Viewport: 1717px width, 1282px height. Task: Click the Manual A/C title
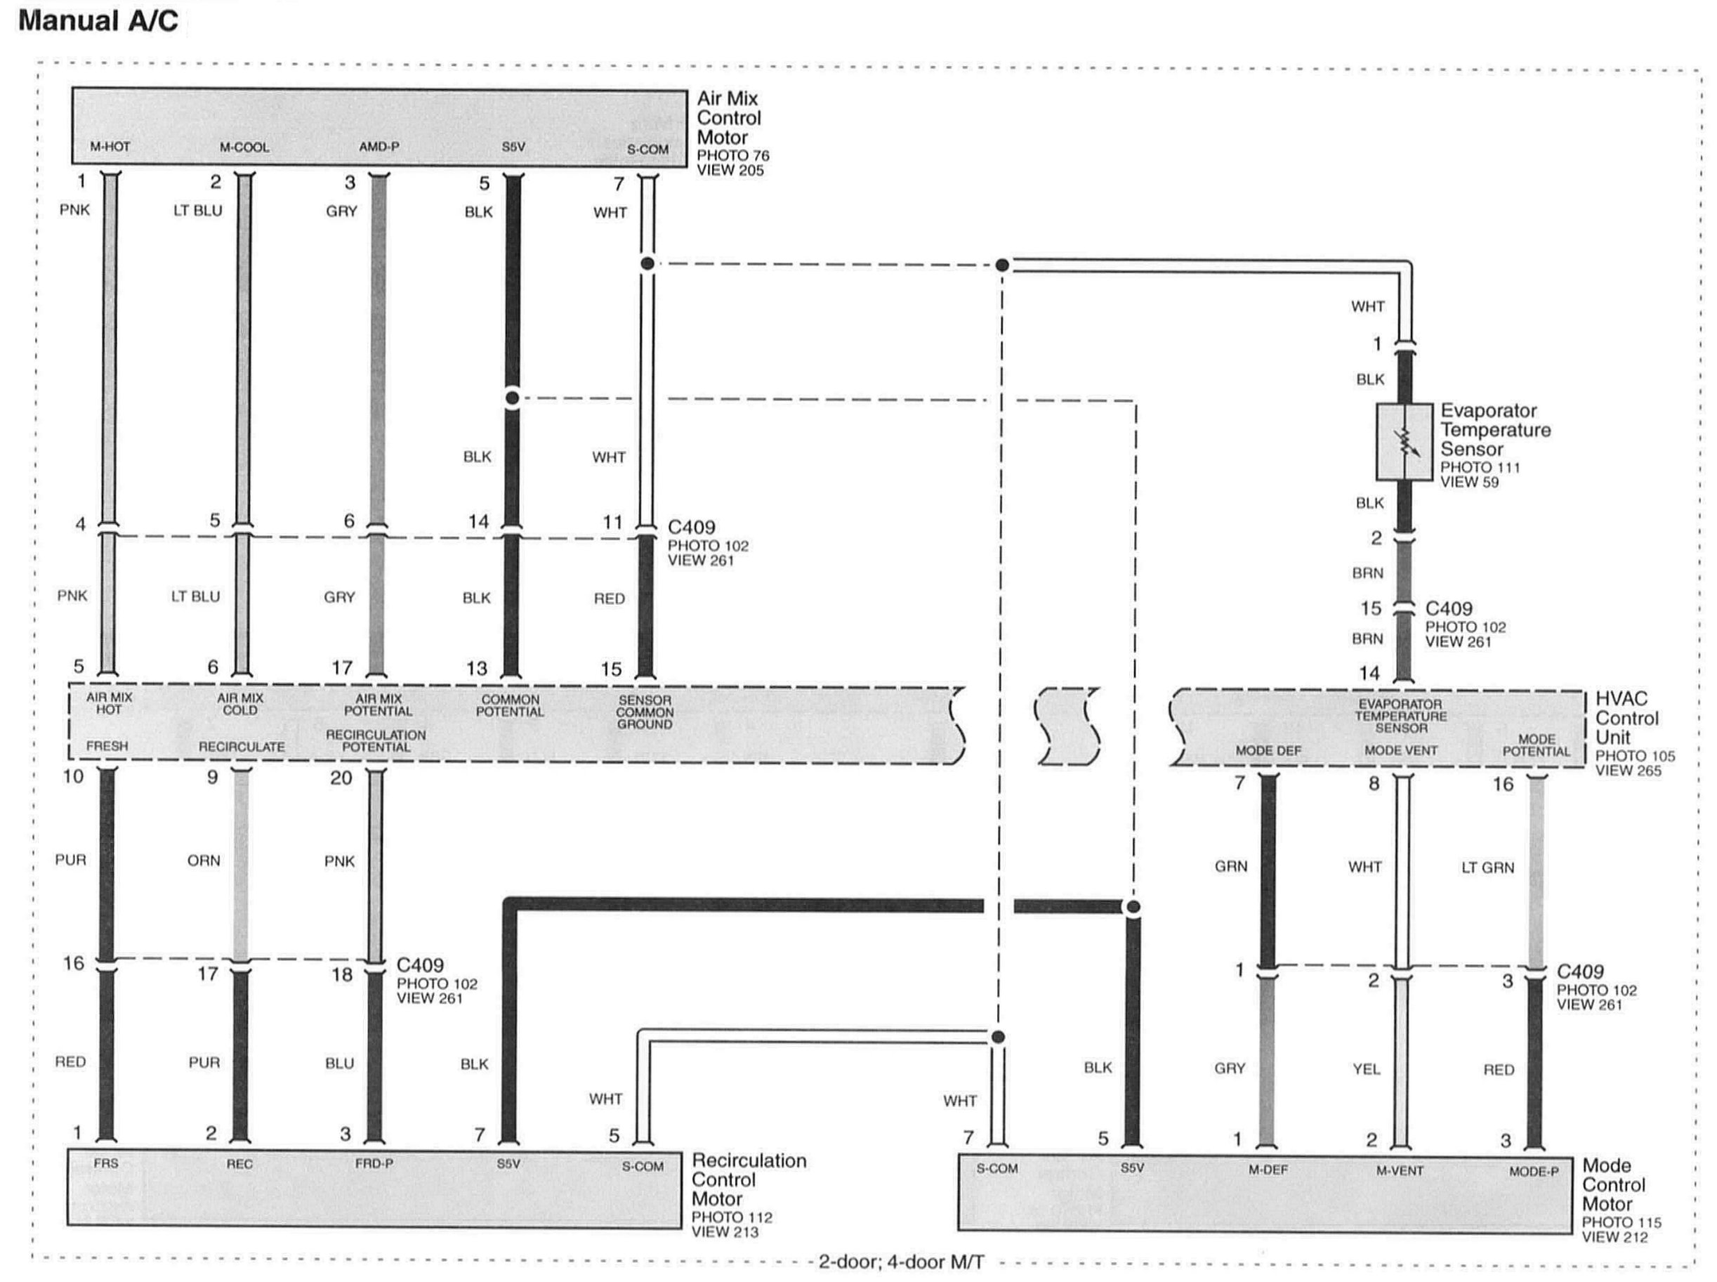click(x=98, y=21)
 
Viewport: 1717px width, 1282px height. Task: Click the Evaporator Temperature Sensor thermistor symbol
click(x=1404, y=442)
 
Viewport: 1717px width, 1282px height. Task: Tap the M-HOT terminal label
click(x=110, y=146)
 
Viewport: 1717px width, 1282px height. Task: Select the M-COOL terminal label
click(x=244, y=147)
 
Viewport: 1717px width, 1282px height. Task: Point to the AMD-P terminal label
click(x=379, y=146)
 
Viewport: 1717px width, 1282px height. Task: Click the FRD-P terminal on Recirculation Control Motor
click(x=374, y=1164)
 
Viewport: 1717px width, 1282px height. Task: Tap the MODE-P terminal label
click(x=1533, y=1171)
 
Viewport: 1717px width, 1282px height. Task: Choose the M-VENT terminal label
click(x=1400, y=1170)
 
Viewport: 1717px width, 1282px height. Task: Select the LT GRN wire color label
click(x=1487, y=868)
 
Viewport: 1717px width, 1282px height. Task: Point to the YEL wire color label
click(x=1367, y=1068)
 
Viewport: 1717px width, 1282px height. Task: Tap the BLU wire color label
click(x=339, y=1063)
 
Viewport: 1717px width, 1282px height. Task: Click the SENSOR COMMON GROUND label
click(x=645, y=712)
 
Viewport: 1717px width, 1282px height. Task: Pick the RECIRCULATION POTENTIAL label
click(x=376, y=740)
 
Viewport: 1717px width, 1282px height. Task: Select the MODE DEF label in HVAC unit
click(x=1268, y=750)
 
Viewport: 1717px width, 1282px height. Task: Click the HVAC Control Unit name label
click(x=1626, y=718)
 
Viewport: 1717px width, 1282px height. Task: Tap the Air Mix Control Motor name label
click(x=728, y=118)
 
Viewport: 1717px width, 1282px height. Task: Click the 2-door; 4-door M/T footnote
click(x=902, y=1262)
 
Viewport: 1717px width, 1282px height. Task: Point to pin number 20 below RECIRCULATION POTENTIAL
click(x=341, y=778)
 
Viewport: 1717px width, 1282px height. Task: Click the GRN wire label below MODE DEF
click(x=1231, y=866)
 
